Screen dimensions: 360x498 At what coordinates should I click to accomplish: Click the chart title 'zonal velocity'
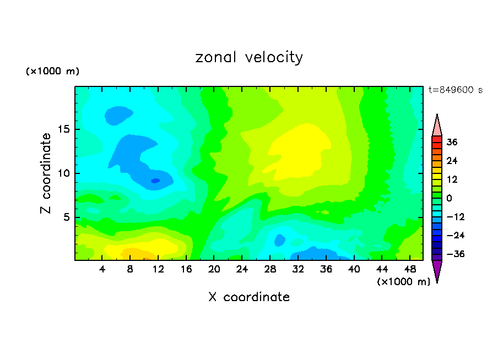(249, 57)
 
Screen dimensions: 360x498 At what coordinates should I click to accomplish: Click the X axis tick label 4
(102, 269)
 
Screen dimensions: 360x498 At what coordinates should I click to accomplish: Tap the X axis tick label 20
(214, 269)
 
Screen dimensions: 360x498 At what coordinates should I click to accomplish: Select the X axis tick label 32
(298, 269)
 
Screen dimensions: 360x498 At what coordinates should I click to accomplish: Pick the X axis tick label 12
(158, 269)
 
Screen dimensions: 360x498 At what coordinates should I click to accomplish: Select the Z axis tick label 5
(66, 217)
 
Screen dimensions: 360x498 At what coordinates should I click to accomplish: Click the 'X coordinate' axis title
(249, 297)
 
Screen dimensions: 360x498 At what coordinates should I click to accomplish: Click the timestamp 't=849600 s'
(455, 90)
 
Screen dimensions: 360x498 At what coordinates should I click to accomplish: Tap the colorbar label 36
(452, 142)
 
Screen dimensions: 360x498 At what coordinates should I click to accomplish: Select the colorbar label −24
(454, 235)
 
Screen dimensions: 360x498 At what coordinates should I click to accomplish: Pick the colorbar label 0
(449, 198)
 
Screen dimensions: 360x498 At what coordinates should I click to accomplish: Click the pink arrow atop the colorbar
(437, 126)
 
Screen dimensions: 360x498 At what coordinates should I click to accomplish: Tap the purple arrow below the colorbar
(437, 270)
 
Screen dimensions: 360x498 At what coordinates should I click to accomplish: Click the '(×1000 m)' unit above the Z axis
(52, 72)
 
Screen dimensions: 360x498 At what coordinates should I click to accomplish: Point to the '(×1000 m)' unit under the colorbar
(403, 282)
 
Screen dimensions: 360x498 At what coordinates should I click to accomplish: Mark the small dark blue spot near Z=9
(155, 181)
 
